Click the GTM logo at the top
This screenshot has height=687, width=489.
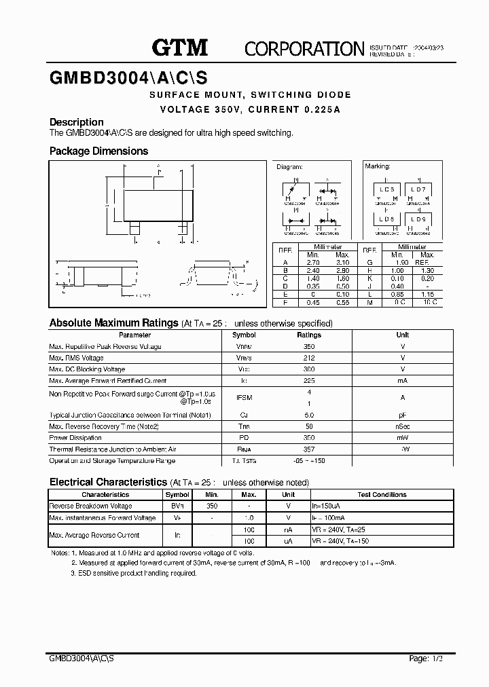(x=179, y=48)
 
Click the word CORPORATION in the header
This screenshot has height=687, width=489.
(x=304, y=48)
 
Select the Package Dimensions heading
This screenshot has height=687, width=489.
(x=98, y=151)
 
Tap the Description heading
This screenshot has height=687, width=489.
(x=77, y=122)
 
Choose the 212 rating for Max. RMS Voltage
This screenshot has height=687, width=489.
(x=309, y=358)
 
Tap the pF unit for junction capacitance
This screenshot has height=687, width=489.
(x=403, y=415)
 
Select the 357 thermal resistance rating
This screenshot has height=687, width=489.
(x=309, y=449)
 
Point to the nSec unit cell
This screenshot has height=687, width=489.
(x=403, y=426)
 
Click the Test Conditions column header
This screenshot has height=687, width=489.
(x=382, y=495)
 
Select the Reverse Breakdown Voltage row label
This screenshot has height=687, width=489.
(x=91, y=506)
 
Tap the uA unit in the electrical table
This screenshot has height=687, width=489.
(x=288, y=541)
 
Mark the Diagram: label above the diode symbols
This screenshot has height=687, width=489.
(x=289, y=166)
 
